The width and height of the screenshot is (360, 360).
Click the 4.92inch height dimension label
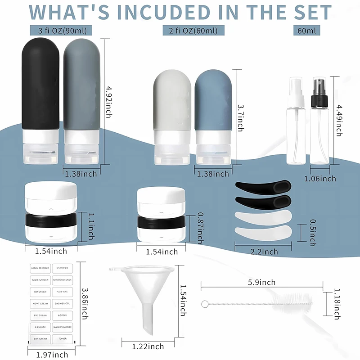click(x=108, y=102)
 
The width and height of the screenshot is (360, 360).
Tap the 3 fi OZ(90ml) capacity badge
click(x=62, y=31)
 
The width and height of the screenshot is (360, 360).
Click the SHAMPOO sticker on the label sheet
click(x=62, y=268)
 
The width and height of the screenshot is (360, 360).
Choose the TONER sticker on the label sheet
click(x=62, y=338)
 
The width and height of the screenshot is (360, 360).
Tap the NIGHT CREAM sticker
click(x=40, y=303)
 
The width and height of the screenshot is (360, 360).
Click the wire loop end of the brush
click(x=204, y=304)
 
